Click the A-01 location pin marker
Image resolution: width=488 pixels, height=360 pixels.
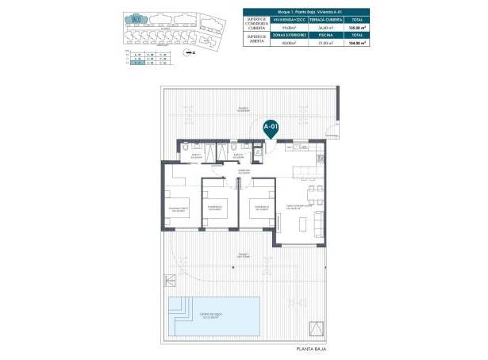(x=271, y=127)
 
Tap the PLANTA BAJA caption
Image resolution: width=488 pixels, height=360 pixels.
(x=312, y=348)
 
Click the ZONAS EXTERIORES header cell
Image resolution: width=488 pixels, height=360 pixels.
(x=290, y=36)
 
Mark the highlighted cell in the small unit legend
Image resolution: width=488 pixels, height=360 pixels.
(x=137, y=67)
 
